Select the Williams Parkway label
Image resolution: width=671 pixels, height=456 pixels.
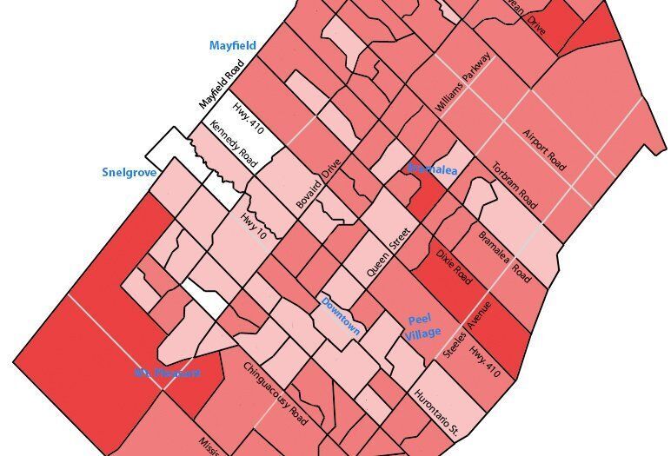click(463, 83)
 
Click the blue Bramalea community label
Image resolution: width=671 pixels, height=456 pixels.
click(432, 169)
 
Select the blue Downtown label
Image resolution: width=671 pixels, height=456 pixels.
click(341, 315)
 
